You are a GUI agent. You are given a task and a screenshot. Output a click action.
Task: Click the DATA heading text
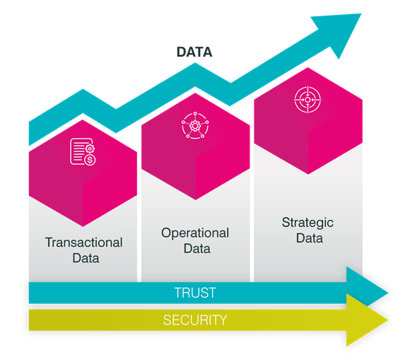(194, 52)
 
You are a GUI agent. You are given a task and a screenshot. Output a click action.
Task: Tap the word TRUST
(195, 293)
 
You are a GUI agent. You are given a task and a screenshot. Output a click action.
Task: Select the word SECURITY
(195, 320)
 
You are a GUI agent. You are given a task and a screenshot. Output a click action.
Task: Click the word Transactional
(83, 243)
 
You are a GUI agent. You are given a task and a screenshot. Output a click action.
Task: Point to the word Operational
(195, 233)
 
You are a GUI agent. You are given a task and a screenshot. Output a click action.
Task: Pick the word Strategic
(307, 223)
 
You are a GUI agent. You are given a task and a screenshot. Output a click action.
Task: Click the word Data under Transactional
(86, 258)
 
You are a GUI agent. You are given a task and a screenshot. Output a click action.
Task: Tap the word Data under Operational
(197, 248)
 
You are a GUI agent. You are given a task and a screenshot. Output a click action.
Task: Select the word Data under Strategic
(310, 238)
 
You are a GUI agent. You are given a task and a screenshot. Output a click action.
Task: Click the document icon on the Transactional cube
(83, 152)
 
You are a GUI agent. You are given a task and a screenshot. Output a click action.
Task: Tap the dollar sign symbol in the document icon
(90, 160)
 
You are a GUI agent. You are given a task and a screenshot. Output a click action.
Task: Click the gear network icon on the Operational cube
(195, 126)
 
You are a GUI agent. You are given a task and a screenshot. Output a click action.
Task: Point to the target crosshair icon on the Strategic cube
(307, 100)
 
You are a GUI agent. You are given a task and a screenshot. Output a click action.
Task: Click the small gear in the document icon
(90, 149)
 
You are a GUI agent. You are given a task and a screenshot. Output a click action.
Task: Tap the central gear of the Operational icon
(195, 126)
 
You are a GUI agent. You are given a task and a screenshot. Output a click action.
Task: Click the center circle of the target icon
(307, 100)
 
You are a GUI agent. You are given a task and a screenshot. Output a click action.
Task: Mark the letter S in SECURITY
(167, 320)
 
